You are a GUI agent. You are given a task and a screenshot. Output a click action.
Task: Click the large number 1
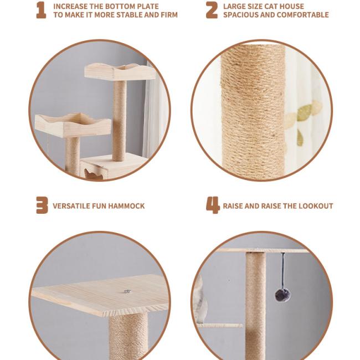(42, 10)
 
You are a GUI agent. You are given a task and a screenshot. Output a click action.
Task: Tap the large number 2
(212, 10)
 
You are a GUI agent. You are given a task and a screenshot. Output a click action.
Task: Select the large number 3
(42, 205)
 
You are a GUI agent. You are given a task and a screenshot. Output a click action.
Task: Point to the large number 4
(213, 205)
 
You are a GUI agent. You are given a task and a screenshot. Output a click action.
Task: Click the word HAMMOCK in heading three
(126, 206)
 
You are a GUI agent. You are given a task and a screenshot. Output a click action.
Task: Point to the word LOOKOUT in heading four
(316, 206)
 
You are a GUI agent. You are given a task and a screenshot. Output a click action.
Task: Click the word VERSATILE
(71, 206)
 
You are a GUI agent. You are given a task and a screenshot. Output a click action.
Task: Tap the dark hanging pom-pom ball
(283, 295)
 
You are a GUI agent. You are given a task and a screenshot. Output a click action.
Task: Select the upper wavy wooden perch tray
(120, 71)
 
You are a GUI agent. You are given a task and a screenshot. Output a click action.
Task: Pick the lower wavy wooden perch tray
(73, 125)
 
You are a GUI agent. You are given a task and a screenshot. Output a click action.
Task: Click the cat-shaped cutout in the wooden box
(93, 174)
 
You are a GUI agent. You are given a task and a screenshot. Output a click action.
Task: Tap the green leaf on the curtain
(305, 112)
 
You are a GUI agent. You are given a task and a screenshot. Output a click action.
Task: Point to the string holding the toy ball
(284, 271)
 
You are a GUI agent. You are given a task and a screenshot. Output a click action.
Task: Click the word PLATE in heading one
(148, 6)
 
